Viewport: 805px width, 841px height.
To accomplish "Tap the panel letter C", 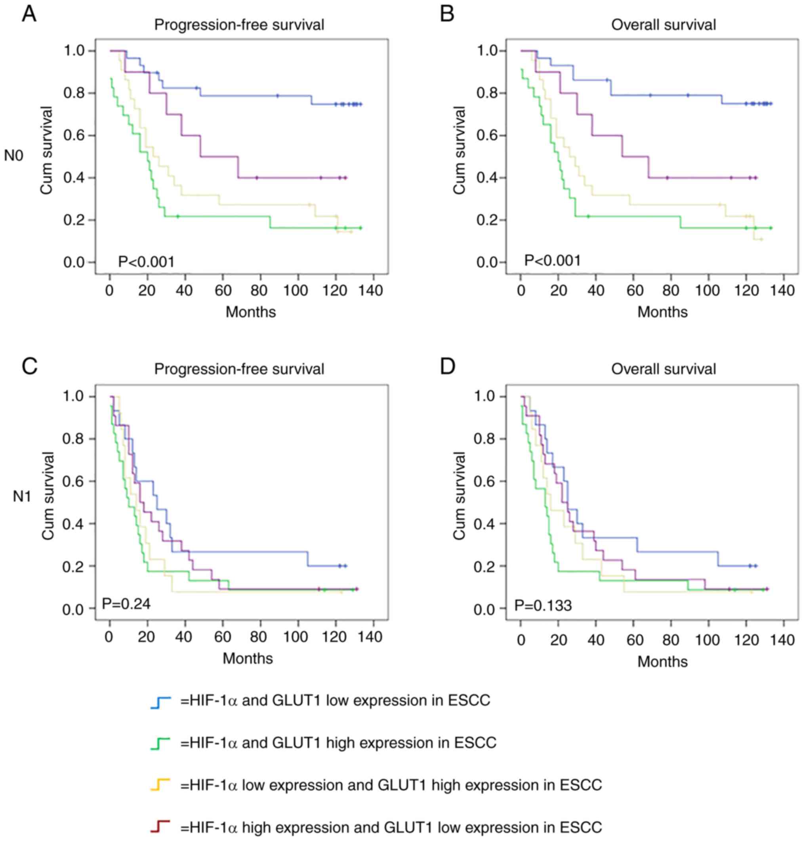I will (29, 367).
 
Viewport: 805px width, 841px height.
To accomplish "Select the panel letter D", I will (447, 367).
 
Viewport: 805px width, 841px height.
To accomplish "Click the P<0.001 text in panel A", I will (146, 261).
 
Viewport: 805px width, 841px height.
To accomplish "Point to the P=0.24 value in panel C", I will (126, 604).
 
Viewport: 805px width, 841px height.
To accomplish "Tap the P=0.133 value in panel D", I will (543, 606).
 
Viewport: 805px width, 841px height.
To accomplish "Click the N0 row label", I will (14, 155).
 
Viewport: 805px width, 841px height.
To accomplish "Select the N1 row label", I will (22, 497).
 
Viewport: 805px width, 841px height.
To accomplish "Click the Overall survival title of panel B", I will (664, 25).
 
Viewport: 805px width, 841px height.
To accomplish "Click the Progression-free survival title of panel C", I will (239, 369).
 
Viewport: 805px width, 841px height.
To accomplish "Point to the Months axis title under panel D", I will (662, 661).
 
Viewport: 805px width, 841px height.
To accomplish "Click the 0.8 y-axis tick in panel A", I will (74, 93).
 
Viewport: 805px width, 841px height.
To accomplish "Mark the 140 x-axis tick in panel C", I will (371, 636).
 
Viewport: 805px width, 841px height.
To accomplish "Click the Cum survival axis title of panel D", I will (459, 496).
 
